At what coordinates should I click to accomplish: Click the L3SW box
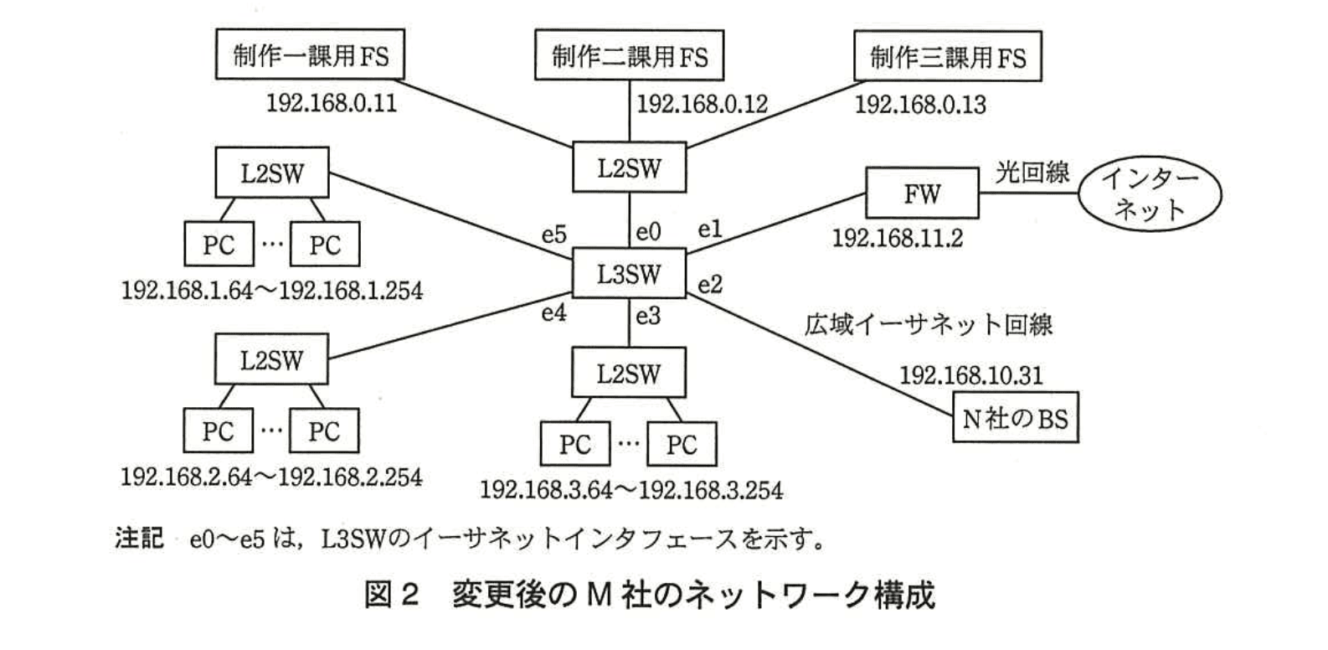coord(628,274)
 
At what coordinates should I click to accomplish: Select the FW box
coord(921,193)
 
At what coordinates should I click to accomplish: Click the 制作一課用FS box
coord(310,56)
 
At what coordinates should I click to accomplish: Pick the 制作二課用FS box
coord(629,56)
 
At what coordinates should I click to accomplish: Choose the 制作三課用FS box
coord(947,56)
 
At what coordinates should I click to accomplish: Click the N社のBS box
coord(1015,417)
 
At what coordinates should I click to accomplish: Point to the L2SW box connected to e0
coord(628,168)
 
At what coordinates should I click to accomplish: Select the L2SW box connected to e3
coord(628,373)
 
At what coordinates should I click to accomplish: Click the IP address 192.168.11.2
coord(897,238)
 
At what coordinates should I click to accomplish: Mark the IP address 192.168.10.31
coord(971,374)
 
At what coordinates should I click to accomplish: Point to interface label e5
coord(553,235)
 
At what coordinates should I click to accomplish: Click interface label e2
coord(709,285)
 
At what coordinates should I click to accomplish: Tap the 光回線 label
coord(1032,172)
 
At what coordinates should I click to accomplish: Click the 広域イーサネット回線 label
coord(928,324)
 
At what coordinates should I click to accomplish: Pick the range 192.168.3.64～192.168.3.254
coord(631,489)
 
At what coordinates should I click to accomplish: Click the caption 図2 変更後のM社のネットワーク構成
coord(649,596)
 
